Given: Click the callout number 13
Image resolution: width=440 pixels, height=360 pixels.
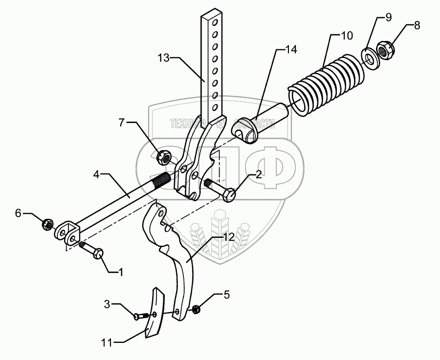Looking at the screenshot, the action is coord(164,58).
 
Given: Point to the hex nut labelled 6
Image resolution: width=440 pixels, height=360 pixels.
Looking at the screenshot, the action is coord(47,225).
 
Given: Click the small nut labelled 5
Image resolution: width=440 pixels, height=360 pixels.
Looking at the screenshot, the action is coord(195,309).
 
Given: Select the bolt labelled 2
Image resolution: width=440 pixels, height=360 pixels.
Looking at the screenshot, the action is coord(221,191).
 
